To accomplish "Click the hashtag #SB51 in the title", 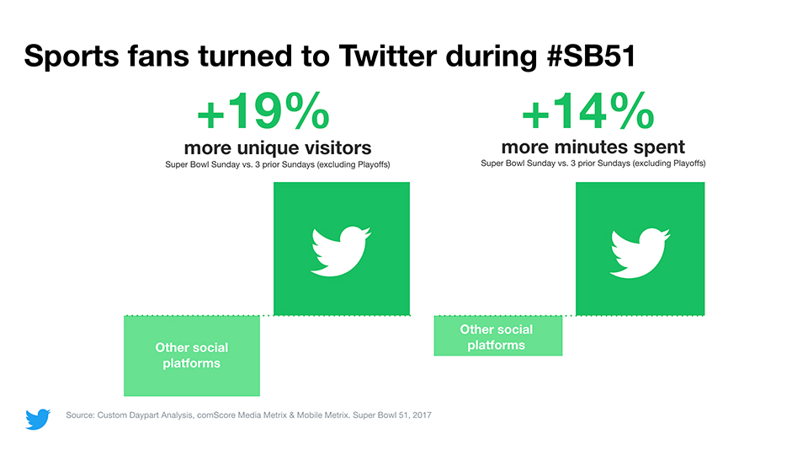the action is [x=591, y=56].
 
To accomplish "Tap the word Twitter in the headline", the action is [x=388, y=56].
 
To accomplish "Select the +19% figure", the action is [x=263, y=111].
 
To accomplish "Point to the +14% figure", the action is [x=588, y=110].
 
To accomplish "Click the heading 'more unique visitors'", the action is [x=278, y=148].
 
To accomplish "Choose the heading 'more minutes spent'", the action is [x=593, y=147].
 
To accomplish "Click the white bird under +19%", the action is [x=341, y=251].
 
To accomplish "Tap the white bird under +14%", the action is [x=640, y=253].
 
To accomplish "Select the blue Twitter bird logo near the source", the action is [x=38, y=419].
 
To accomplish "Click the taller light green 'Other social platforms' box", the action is [x=192, y=356].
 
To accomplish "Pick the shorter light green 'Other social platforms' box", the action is [x=497, y=336].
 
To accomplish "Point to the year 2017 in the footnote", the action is [x=422, y=415].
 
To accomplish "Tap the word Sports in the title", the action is [x=72, y=56].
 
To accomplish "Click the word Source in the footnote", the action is [x=79, y=415].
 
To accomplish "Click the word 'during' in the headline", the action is [x=491, y=56].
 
